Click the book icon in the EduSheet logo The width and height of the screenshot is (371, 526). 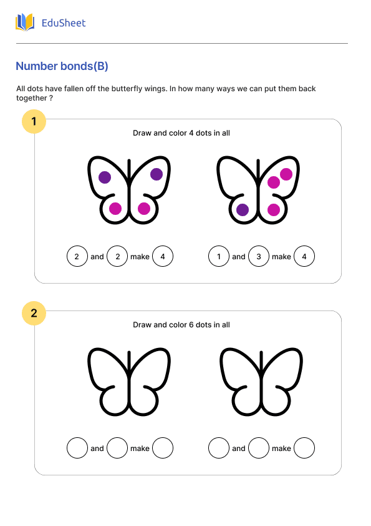point(25,22)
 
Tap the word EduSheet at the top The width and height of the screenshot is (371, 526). point(63,23)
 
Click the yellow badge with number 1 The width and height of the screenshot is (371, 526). point(34,121)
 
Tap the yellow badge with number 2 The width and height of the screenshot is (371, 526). point(34,313)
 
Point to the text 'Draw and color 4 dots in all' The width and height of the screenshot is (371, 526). point(181,133)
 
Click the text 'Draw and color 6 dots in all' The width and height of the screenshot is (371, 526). point(181,325)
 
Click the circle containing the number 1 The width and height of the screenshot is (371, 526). point(219,256)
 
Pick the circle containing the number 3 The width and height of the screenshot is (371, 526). point(259,256)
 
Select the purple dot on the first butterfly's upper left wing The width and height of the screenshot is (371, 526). point(105,177)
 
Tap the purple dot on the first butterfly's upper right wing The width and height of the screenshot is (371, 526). point(157,174)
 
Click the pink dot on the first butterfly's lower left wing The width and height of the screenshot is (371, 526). point(115,209)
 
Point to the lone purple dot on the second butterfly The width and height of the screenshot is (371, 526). point(243,210)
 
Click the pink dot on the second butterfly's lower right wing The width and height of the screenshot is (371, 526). point(274,210)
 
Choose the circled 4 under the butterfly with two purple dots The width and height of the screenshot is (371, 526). point(163,256)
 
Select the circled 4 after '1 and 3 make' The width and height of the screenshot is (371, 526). point(304,256)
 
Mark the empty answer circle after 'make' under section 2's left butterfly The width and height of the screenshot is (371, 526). point(163,448)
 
